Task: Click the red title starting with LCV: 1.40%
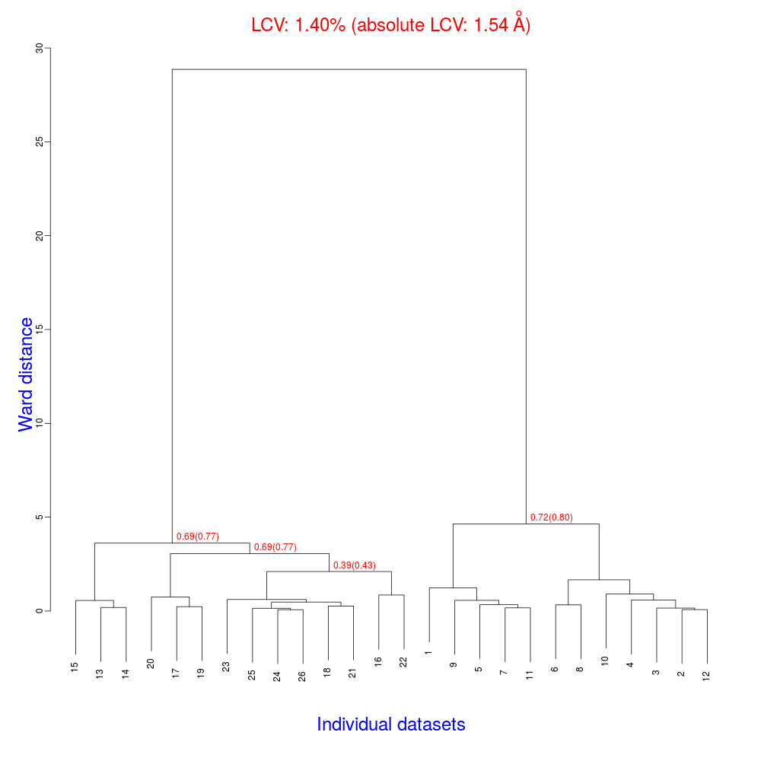[x=390, y=24]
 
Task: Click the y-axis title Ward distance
[x=27, y=374]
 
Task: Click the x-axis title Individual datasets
[x=390, y=724]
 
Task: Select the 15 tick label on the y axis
[x=40, y=330]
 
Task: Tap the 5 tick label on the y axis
[x=40, y=517]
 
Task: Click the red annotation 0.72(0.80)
[x=551, y=517]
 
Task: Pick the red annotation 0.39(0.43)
[x=355, y=565]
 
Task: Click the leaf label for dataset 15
[x=75, y=667]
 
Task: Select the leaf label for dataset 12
[x=706, y=675]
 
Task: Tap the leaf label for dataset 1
[x=428, y=651]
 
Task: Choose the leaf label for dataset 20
[x=151, y=664]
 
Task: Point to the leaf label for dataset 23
[x=226, y=666]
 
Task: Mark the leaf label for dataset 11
[x=530, y=674]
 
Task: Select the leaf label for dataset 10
[x=605, y=661]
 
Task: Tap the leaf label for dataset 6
[x=555, y=667]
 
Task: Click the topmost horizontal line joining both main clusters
[x=349, y=69]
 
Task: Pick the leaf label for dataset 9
[x=454, y=664]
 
